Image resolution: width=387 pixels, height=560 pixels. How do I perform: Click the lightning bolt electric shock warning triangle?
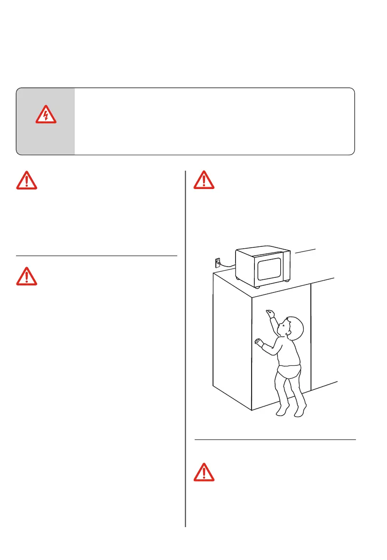pos(46,115)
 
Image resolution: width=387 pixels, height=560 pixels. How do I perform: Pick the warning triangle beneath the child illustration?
pos(204,472)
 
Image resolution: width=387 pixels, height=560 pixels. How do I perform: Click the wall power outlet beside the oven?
pos(217,262)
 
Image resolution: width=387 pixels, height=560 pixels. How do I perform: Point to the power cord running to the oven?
pos(227,267)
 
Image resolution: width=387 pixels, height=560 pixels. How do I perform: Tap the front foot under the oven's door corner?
pos(256,286)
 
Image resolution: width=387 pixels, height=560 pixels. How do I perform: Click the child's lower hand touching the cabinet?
pos(258,342)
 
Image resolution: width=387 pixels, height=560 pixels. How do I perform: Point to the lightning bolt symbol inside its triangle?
pos(46,116)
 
